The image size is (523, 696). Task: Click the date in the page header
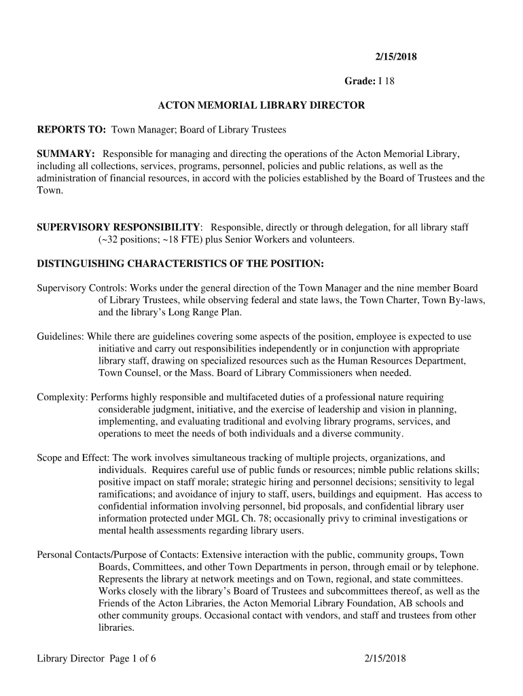[397, 56]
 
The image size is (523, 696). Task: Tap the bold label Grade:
[360, 82]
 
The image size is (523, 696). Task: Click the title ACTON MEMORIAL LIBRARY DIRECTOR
[261, 106]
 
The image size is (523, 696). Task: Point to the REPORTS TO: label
[71, 129]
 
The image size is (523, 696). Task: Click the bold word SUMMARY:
[65, 154]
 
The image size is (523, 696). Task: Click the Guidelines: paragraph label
[60, 337]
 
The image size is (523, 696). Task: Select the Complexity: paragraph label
[62, 397]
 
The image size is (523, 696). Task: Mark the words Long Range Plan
[206, 313]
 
